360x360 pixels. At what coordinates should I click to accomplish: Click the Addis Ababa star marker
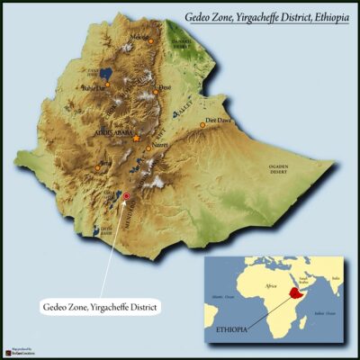pos(136,139)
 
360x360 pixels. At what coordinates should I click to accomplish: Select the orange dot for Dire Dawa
pos(202,125)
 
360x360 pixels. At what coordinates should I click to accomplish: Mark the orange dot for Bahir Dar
pos(106,85)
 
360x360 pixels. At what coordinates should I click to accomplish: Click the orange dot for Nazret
pos(148,148)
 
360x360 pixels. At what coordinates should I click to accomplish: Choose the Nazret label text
pos(160,143)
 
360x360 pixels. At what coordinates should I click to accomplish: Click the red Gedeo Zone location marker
pos(126,195)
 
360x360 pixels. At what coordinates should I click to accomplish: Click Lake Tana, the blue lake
pos(106,71)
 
